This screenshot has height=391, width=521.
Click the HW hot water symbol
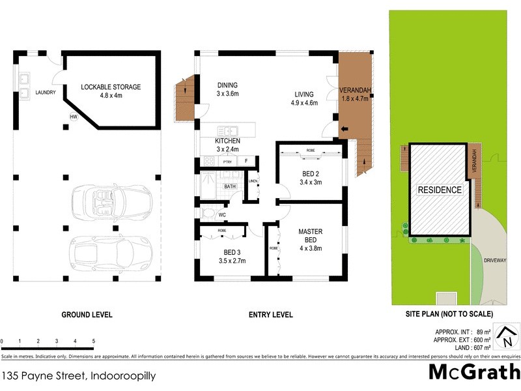(x=74, y=117)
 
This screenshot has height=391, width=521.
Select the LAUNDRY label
(x=46, y=93)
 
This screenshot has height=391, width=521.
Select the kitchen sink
(x=228, y=130)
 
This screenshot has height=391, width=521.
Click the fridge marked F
(x=247, y=160)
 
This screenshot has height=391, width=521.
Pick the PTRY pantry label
(x=227, y=161)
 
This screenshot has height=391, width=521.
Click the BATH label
(x=230, y=186)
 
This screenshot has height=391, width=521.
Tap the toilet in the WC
(x=207, y=213)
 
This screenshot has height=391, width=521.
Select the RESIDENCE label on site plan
(x=440, y=190)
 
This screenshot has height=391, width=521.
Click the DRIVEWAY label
(x=495, y=260)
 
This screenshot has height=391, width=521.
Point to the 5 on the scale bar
(x=94, y=341)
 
